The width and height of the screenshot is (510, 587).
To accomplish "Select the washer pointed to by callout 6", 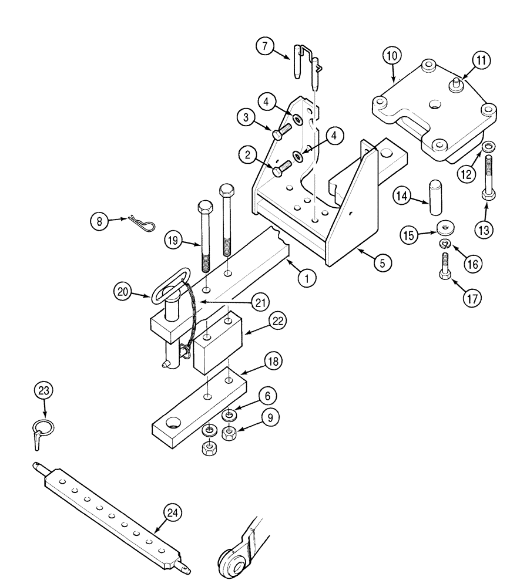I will point(230,416).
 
